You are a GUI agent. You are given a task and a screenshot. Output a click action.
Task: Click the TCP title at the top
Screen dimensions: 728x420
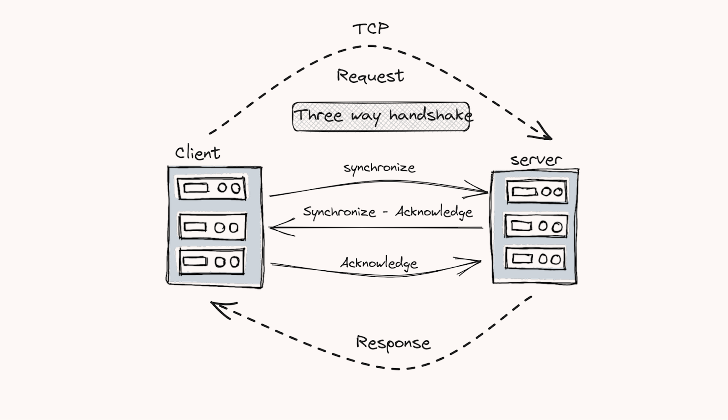[370, 29]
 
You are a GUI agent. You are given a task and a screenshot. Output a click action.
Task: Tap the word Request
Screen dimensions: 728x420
[370, 76]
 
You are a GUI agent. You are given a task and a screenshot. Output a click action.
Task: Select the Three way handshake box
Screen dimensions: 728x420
[381, 116]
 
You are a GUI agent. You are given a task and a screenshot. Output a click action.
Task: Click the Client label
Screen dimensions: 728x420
[197, 152]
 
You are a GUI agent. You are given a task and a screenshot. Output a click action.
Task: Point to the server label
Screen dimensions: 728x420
[536, 160]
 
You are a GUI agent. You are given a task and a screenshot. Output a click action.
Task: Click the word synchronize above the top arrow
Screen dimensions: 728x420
[379, 168]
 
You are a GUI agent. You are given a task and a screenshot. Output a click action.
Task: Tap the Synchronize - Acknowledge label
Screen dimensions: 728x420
[388, 213]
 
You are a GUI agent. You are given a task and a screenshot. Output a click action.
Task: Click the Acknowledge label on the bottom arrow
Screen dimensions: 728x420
[379, 263]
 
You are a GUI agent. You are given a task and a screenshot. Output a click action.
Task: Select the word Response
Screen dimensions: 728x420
[393, 343]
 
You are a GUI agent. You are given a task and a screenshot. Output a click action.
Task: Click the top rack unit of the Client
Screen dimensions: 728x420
[212, 188]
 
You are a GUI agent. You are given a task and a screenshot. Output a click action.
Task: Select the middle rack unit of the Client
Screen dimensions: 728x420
[212, 227]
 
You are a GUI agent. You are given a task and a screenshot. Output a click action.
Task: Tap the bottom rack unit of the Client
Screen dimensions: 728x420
[212, 261]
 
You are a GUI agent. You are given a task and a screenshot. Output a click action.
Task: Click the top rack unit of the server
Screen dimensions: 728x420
[537, 192]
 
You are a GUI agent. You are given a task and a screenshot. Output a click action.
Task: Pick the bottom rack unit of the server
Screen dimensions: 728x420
[536, 259]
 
